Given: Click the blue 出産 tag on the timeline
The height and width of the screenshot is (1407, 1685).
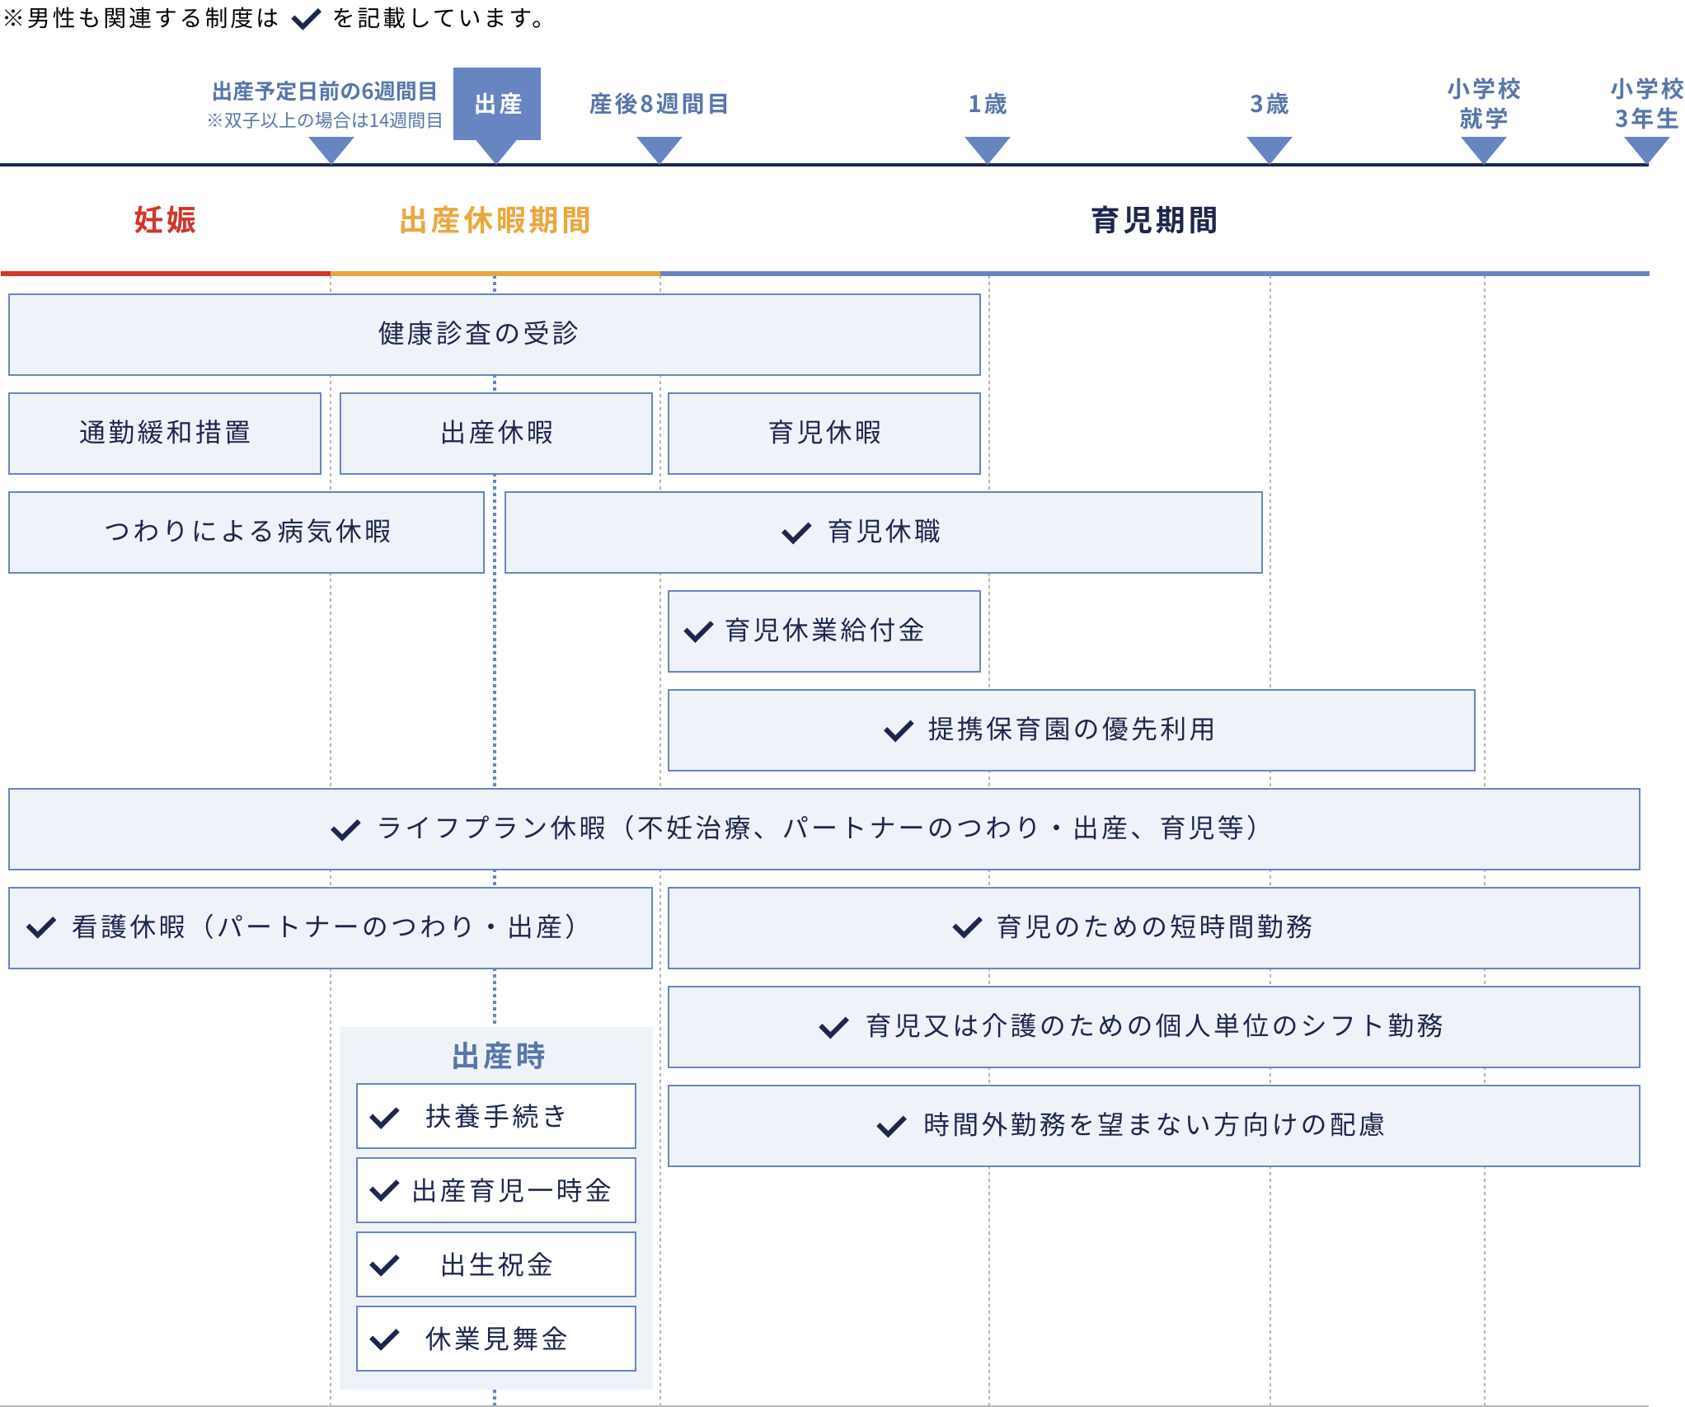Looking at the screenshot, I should click(x=497, y=104).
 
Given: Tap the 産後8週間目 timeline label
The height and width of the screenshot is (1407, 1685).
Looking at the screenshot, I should click(x=659, y=105).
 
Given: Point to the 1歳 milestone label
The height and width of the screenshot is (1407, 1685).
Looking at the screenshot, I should click(x=987, y=105).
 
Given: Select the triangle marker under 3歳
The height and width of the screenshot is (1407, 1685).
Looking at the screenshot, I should click(x=1269, y=149).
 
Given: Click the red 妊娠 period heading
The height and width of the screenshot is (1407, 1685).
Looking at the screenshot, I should click(x=165, y=220).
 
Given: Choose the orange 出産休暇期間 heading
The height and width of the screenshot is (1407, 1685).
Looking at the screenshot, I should click(x=495, y=220).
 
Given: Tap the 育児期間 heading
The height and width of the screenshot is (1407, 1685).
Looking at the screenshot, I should click(x=1153, y=220).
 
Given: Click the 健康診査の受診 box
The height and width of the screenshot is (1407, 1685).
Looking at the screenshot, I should click(x=494, y=334).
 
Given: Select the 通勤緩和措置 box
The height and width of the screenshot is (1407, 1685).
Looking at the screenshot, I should click(x=165, y=433).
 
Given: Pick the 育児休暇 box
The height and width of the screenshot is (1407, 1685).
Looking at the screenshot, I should click(x=824, y=433).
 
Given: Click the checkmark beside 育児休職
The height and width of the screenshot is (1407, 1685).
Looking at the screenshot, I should click(x=796, y=533).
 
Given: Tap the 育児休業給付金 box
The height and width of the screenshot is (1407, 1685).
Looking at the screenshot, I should click(x=824, y=631).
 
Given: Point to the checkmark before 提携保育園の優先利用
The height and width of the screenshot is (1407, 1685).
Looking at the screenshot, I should click(x=899, y=730).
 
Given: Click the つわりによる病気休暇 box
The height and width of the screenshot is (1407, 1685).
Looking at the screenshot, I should click(x=246, y=532).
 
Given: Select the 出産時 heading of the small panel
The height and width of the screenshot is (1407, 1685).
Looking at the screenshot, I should click(x=498, y=1056).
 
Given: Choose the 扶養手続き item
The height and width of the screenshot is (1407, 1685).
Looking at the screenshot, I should click(x=496, y=1116).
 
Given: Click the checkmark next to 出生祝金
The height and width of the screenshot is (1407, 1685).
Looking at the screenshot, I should click(x=385, y=1265).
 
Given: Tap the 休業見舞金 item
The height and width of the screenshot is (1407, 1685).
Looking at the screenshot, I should click(x=496, y=1339).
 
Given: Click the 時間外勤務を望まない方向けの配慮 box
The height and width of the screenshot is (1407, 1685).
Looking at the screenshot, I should click(x=1153, y=1125).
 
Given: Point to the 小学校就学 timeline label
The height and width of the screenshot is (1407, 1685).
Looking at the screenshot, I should click(x=1483, y=104).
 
